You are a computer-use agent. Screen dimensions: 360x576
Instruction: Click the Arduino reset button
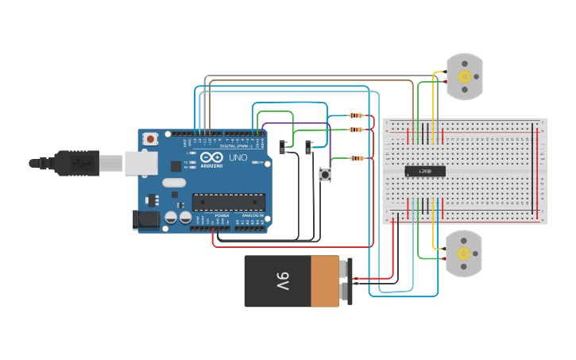click(150, 139)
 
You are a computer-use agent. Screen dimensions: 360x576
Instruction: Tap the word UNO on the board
click(237, 157)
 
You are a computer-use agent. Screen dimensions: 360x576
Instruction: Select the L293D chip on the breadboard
click(425, 171)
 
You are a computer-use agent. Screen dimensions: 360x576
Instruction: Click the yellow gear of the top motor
click(465, 77)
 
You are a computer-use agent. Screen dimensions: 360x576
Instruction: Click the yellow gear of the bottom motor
click(464, 254)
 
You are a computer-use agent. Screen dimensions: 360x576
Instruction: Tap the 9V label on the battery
click(284, 281)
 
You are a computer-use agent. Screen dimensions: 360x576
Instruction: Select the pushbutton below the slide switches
click(325, 174)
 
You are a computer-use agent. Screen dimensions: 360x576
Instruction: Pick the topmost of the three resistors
click(355, 116)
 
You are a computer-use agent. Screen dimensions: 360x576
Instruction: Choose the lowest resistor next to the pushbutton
click(358, 158)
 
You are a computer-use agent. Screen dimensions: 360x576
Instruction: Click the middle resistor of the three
click(355, 129)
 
